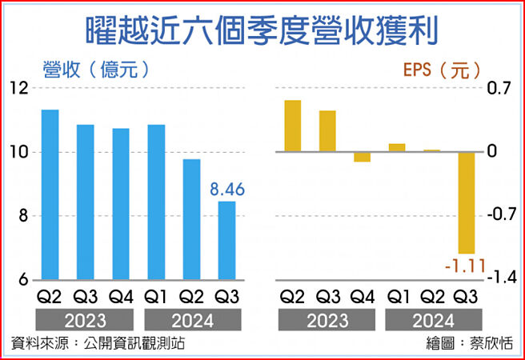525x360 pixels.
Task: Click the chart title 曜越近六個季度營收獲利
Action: (262, 30)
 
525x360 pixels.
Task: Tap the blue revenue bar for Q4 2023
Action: (120, 204)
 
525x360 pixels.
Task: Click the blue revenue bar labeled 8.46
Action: (226, 240)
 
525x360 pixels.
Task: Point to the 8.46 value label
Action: (226, 190)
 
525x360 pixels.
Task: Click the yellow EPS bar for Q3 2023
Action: (327, 130)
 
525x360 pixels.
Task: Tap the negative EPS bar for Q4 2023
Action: (363, 156)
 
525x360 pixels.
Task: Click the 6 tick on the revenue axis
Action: (22, 279)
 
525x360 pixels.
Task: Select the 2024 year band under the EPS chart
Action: (432, 321)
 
